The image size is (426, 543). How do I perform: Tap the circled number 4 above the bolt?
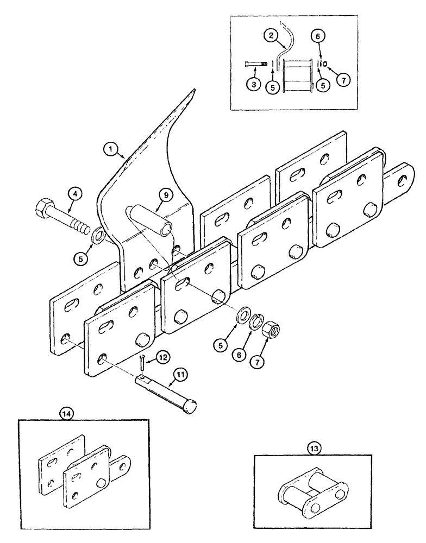[76, 193]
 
